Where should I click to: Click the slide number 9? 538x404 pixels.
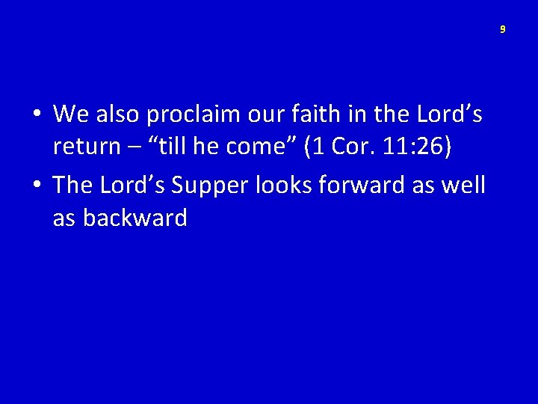coord(503,29)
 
